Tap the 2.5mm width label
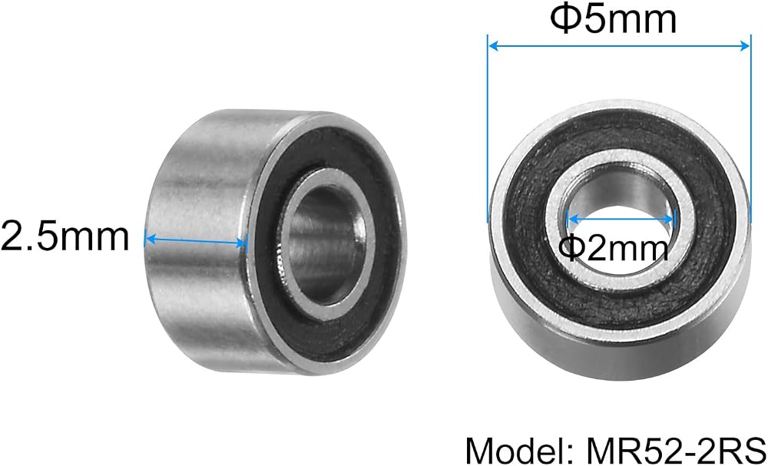65,236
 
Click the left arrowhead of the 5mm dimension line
494,46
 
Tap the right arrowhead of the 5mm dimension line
744,46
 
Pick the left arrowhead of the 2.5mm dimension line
151,240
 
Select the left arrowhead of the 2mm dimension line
572,219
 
